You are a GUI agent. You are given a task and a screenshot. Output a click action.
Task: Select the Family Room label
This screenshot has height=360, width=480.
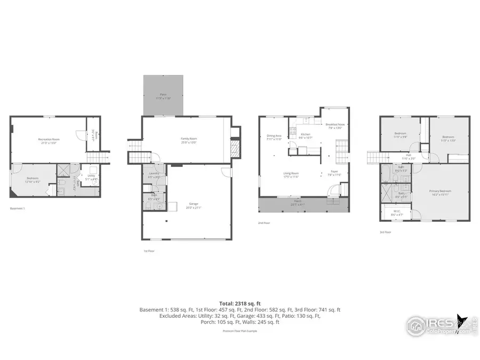[x=189, y=140]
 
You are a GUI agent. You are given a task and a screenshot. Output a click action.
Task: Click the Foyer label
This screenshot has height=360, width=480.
[x=334, y=173]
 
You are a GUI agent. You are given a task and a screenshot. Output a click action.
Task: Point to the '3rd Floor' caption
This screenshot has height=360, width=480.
[x=385, y=233]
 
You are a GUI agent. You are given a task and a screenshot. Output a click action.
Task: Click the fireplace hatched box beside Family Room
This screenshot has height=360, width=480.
[x=234, y=148]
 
